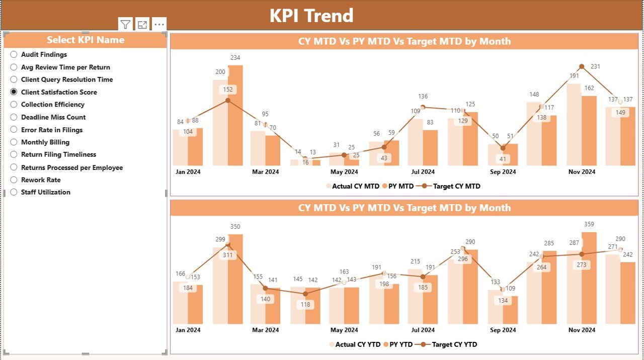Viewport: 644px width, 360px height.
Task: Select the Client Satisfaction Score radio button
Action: point(14,92)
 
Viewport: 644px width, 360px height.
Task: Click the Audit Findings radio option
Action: point(14,54)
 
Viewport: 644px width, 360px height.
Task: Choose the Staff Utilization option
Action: point(45,192)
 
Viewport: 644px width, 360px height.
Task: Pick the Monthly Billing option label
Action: point(45,142)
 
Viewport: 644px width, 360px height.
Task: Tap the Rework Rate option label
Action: point(41,179)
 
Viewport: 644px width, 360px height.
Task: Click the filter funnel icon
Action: point(125,24)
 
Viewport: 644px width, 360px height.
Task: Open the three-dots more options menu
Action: point(159,24)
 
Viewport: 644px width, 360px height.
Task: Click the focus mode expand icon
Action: point(142,24)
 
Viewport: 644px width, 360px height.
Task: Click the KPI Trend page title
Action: point(311,16)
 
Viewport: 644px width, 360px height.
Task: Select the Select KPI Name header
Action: point(85,40)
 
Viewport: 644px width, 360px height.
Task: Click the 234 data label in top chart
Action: point(235,58)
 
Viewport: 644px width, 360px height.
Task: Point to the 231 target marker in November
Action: point(582,66)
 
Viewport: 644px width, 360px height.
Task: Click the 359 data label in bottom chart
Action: point(589,224)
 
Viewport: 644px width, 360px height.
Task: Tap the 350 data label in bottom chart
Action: point(235,227)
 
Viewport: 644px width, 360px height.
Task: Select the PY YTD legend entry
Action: point(397,344)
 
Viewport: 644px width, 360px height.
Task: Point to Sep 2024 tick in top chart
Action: point(502,172)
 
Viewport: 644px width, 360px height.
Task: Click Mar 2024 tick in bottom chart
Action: point(265,330)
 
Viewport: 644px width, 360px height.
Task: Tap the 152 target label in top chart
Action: point(227,89)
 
